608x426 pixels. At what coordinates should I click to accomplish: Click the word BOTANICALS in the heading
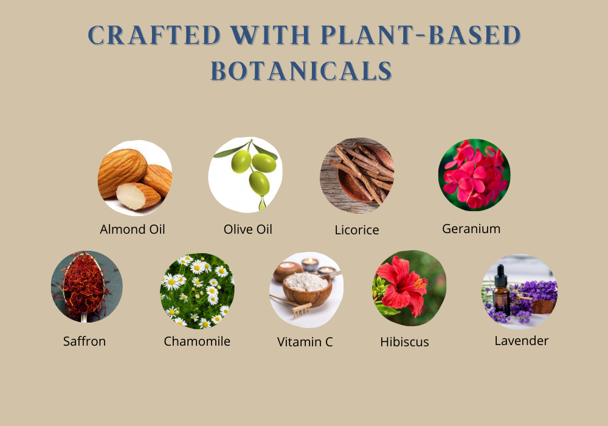[x=302, y=71]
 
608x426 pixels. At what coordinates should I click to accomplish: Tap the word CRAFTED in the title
[x=154, y=35]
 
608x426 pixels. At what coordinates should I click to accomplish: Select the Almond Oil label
[x=132, y=229]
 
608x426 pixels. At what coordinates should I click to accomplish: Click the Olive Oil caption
[x=248, y=229]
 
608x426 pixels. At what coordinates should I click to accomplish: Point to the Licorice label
[x=357, y=230]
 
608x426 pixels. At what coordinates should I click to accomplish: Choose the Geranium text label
[x=471, y=229]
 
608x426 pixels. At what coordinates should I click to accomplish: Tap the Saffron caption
[x=85, y=341]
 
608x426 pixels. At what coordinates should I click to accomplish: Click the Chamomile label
[x=197, y=341]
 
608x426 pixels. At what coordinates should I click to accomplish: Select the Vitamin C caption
[x=305, y=342]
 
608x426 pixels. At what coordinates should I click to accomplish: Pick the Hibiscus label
[x=404, y=342]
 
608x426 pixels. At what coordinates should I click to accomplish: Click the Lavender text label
[x=522, y=341]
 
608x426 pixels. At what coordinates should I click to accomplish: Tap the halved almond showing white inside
[x=137, y=196]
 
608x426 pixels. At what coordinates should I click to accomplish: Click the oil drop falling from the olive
[x=262, y=203]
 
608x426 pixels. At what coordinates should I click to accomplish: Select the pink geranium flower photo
[x=474, y=175]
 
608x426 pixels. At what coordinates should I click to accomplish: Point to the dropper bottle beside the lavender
[x=502, y=290]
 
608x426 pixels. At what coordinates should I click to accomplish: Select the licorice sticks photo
[x=357, y=175]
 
